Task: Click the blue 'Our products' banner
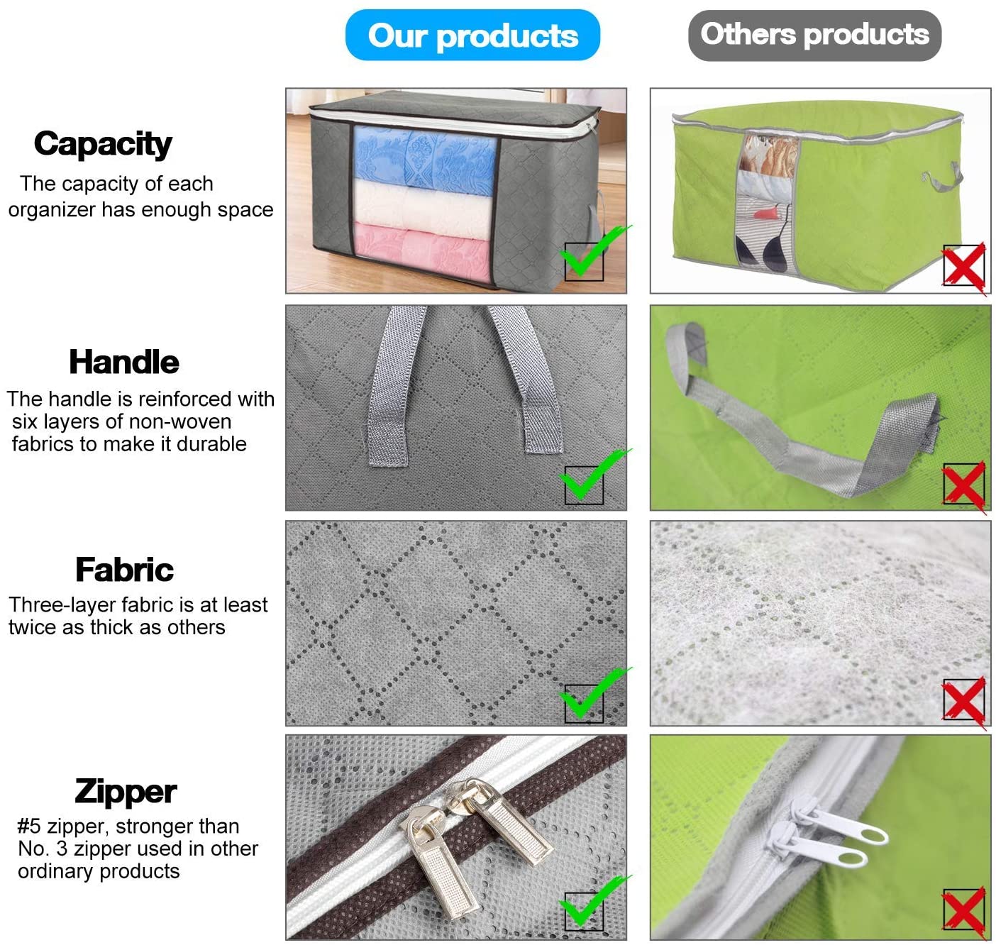pos(472,35)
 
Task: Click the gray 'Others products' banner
pos(814,35)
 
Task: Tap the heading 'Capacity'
pos(103,145)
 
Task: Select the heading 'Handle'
pos(124,362)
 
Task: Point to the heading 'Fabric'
pos(125,570)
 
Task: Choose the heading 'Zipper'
pos(126,792)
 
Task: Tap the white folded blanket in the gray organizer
pos(423,209)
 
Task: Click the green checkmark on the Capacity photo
pos(593,251)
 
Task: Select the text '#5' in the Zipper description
pos(29,827)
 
